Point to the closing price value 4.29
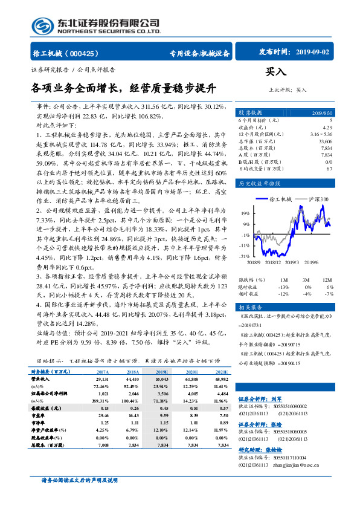tap(327, 128)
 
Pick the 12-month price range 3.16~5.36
tap(320, 134)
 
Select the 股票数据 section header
tap(250, 113)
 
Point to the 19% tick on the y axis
tap(245, 213)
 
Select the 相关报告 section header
tap(249, 307)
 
